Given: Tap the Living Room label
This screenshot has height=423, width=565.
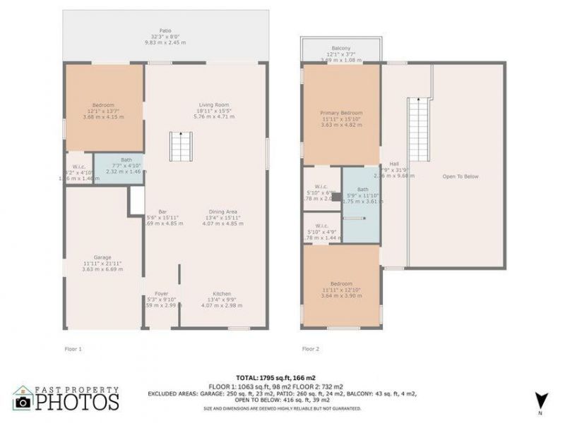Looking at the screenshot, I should pos(213,105).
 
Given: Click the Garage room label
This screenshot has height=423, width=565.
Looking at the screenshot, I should pos(102,257).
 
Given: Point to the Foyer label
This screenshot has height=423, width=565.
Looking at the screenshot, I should pos(161,293).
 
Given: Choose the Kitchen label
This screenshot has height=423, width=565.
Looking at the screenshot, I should pos(222,293).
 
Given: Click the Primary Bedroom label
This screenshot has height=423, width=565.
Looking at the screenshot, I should pos(341,114).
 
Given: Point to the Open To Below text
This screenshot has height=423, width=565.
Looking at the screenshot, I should pos(460,176).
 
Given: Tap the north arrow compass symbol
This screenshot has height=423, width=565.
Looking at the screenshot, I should pos(540,400).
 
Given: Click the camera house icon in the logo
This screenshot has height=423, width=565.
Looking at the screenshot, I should pos(23,398).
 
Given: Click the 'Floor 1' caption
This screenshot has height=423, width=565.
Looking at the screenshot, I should pos(73,348).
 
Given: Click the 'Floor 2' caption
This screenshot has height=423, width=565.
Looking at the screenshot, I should pos(311,348).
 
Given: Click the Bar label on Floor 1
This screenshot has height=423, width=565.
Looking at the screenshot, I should pos(162,211).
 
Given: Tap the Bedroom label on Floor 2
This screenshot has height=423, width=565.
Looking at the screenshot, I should pos(341,284).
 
